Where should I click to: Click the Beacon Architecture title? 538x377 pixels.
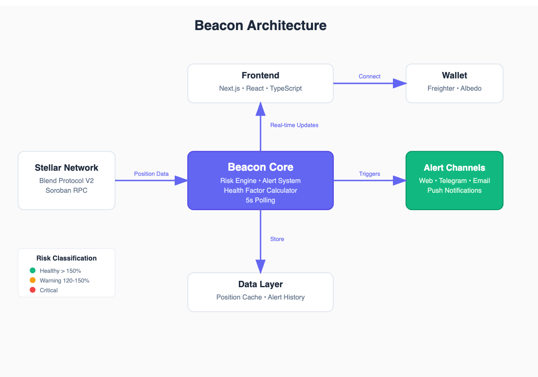[261, 25]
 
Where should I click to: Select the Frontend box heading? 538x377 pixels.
[261, 75]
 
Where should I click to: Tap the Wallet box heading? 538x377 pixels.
[454, 75]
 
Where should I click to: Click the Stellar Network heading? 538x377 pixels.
[66, 168]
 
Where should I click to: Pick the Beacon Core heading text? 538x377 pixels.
[261, 167]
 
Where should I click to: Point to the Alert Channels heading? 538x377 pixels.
[454, 168]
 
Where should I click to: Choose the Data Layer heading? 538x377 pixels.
[261, 284]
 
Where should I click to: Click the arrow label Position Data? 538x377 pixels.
[151, 174]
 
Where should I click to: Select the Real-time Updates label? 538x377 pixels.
[294, 125]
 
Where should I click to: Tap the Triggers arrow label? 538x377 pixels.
[370, 174]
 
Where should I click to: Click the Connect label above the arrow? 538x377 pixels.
[370, 76]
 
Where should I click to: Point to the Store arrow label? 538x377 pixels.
[277, 239]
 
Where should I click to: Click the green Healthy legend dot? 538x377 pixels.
[33, 270]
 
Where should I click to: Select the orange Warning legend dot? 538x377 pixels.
[33, 280]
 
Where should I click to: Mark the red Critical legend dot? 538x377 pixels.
[33, 290]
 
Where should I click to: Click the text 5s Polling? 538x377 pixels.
[261, 200]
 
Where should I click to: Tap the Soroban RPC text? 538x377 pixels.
[66, 190]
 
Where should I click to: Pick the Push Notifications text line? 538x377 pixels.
[454, 190]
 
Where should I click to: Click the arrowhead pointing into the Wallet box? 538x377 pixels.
[399, 83]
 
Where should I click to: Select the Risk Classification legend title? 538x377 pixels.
[66, 258]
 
